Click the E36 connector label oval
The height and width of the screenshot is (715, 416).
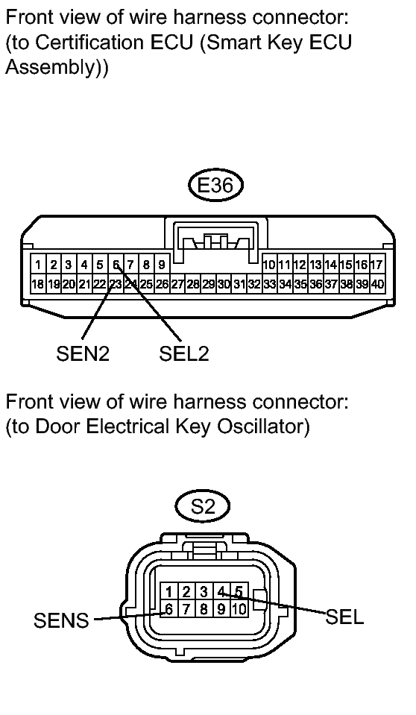[x=215, y=185]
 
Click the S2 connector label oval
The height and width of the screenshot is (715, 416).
[x=203, y=506]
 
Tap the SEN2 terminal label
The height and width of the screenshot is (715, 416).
[x=83, y=353]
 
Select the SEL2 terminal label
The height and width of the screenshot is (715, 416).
[x=184, y=353]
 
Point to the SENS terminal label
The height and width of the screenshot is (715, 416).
[x=62, y=620]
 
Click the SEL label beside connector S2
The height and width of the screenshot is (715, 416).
[x=345, y=617]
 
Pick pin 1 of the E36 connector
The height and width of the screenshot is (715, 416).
[x=38, y=265]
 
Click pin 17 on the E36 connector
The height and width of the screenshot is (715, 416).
[x=376, y=265]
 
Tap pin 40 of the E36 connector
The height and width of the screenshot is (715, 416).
[x=376, y=284]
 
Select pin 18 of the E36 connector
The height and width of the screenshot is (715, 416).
[x=38, y=284]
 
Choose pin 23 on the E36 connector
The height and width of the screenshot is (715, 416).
[x=116, y=284]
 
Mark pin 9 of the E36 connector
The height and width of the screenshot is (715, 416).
[x=162, y=265]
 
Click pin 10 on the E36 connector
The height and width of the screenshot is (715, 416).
[x=268, y=265]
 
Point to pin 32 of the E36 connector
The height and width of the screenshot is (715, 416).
[x=254, y=284]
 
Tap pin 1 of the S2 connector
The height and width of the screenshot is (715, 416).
[x=168, y=592]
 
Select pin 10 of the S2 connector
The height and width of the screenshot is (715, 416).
[x=239, y=608]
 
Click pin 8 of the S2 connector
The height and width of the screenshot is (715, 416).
[x=204, y=608]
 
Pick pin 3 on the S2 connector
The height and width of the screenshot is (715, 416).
[x=204, y=592]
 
